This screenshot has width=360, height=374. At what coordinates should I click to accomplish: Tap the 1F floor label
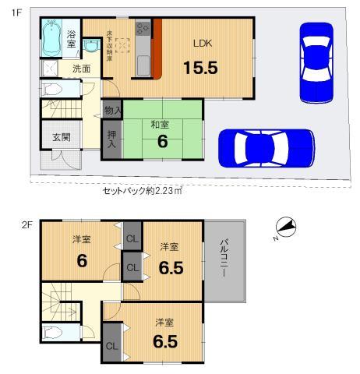15,12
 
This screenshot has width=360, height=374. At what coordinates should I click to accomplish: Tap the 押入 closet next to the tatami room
111,141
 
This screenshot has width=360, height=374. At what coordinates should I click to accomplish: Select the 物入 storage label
111,111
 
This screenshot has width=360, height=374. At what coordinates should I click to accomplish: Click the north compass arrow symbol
286,228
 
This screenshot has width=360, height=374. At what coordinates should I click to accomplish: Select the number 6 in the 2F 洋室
81,260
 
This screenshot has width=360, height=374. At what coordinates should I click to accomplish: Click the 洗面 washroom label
81,69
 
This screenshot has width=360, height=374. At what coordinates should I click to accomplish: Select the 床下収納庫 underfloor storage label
110,43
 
